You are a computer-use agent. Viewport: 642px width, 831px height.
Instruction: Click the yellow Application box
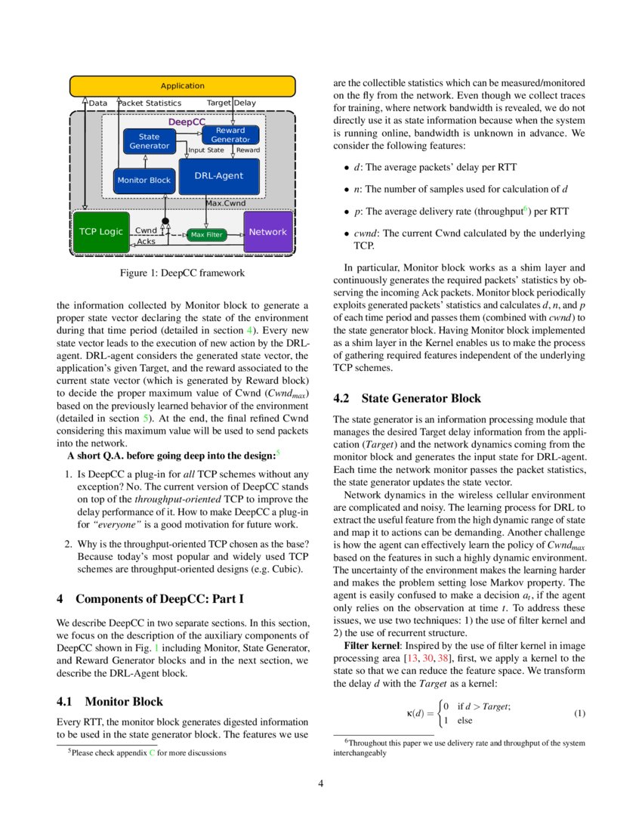point(182,86)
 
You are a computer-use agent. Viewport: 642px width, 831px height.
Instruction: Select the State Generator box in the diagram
point(149,141)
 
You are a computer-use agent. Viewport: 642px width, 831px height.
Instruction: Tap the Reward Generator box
point(230,135)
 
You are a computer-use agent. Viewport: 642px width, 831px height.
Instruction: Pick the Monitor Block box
point(144,181)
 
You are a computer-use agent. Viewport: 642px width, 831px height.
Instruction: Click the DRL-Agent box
point(219,176)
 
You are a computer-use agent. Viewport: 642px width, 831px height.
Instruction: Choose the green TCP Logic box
point(100,232)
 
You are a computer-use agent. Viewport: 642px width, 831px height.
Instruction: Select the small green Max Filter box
point(206,235)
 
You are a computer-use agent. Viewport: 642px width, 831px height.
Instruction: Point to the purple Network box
point(267,232)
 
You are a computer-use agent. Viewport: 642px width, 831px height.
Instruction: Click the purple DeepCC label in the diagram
point(187,122)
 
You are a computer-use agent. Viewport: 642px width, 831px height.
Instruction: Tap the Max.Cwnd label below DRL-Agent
point(226,203)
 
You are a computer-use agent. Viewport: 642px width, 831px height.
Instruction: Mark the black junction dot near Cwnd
point(165,221)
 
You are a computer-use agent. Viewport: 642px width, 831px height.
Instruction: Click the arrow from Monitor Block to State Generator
point(144,161)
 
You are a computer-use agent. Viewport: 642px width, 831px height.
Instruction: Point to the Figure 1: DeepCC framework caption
point(182,273)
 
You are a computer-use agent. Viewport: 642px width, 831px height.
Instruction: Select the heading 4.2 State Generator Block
point(406,398)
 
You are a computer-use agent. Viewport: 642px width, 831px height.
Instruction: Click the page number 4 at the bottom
point(321,783)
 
